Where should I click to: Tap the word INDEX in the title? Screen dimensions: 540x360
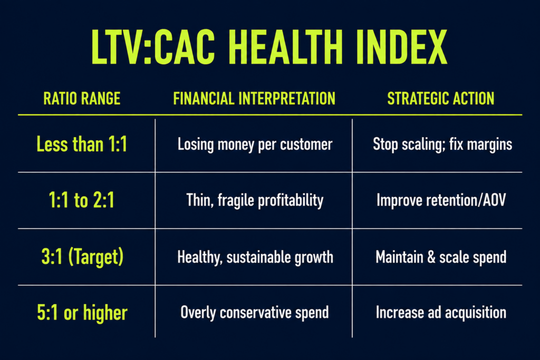[401, 47]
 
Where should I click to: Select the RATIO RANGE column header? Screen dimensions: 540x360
[82, 99]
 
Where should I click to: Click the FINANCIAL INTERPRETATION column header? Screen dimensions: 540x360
[254, 99]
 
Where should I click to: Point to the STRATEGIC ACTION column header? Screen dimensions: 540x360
[441, 99]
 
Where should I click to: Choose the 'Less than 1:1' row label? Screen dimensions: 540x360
[82, 144]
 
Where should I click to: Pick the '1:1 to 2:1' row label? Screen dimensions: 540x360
[82, 200]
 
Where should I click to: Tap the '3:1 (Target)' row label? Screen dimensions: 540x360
[82, 257]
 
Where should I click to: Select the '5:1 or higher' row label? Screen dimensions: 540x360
[82, 313]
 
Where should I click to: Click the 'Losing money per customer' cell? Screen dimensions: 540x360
[255, 144]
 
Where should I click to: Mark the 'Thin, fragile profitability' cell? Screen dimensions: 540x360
[255, 201]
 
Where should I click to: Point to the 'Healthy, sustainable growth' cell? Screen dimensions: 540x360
[255, 257]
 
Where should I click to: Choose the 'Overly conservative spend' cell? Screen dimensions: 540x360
[255, 313]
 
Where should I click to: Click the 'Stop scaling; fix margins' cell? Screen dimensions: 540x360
[442, 144]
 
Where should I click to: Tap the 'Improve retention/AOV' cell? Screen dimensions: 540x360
[441, 200]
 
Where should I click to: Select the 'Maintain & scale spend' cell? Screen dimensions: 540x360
[441, 257]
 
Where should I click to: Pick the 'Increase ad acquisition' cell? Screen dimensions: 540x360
[441, 313]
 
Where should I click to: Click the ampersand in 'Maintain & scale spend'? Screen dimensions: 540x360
[431, 257]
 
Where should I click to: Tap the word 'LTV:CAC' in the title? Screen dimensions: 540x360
[153, 47]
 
